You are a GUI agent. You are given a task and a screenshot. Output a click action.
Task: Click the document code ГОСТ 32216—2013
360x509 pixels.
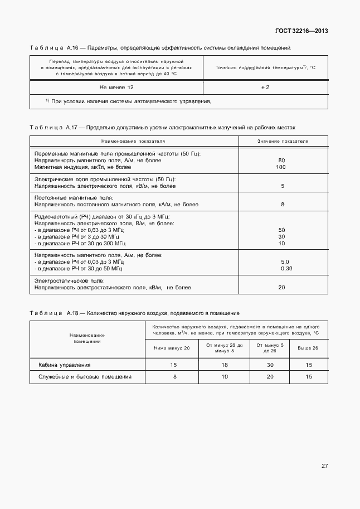click(301, 31)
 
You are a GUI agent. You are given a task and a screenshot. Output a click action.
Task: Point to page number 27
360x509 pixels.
click(324, 466)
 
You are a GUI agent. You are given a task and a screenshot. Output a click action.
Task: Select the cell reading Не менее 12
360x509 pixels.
click(116, 88)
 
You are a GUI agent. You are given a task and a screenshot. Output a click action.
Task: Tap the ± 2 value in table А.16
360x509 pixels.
click(265, 88)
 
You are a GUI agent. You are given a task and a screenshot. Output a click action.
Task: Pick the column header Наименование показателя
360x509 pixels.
click(134, 142)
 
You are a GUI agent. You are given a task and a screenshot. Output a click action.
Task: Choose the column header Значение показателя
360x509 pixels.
click(283, 142)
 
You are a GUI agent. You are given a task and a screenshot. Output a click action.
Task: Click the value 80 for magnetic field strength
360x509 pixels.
click(281, 161)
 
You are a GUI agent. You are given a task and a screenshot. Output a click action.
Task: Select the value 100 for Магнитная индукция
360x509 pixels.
click(281, 167)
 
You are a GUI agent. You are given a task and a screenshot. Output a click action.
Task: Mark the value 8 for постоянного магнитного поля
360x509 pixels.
click(283, 205)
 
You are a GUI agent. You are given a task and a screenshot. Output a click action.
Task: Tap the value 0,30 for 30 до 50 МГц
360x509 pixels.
click(286, 269)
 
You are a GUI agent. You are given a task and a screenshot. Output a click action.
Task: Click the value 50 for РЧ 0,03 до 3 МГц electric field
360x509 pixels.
click(281, 230)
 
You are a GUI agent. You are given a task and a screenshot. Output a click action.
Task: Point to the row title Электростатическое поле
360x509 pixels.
click(70, 281)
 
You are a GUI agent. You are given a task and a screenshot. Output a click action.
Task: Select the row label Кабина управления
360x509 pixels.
click(64, 365)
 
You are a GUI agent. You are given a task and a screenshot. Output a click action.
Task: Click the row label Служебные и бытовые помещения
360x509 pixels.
click(85, 377)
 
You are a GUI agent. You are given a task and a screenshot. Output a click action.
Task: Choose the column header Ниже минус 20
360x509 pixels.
click(172, 348)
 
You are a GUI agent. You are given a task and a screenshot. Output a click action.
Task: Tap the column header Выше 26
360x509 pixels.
click(308, 348)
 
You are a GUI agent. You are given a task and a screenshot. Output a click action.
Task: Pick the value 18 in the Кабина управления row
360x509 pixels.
click(225, 365)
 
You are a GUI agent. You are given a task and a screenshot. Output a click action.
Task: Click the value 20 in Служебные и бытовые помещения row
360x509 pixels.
click(270, 377)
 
